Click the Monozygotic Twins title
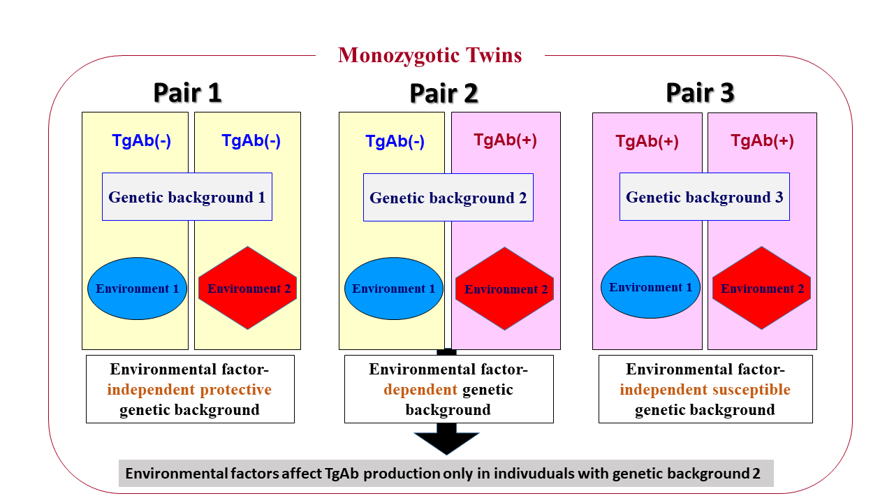click(430, 55)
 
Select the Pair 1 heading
click(187, 93)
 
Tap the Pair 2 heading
click(444, 93)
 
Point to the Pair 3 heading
click(700, 93)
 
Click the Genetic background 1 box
click(186, 197)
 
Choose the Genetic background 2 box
click(448, 198)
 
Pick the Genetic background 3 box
click(704, 197)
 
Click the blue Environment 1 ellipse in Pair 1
click(137, 289)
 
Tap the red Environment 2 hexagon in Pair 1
click(248, 289)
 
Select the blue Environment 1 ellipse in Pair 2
click(393, 289)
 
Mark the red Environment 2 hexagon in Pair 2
click(505, 289)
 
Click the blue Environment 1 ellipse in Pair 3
click(650, 287)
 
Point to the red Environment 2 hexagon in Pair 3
click(762, 289)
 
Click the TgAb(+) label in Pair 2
click(505, 140)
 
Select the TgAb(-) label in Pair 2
click(395, 142)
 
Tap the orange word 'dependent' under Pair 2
click(420, 390)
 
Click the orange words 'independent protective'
click(189, 390)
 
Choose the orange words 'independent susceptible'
click(705, 390)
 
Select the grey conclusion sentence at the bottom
click(446, 474)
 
